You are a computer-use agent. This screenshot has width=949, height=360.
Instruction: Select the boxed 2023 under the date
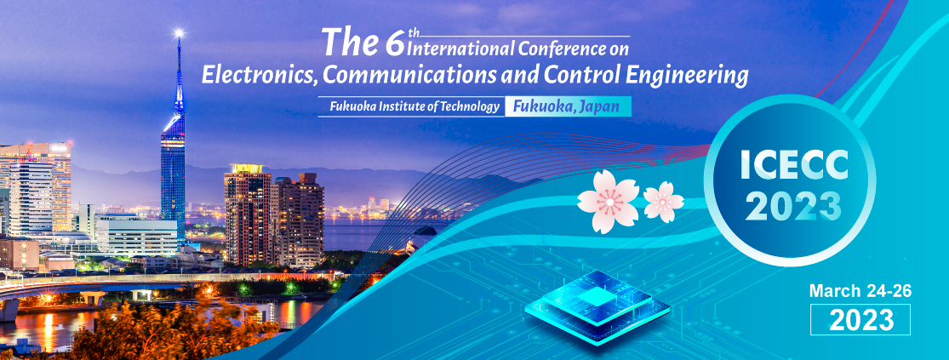(x=860, y=319)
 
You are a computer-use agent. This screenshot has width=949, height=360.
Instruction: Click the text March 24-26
(x=860, y=291)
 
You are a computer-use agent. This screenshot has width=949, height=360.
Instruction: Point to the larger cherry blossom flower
(x=608, y=202)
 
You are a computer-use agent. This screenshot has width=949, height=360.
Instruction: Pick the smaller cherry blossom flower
(x=663, y=202)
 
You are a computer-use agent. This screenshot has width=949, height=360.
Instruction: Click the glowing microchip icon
(x=597, y=302)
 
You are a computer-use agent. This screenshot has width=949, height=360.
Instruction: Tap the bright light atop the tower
(x=179, y=32)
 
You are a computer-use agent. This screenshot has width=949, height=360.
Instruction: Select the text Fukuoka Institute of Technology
(x=414, y=107)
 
